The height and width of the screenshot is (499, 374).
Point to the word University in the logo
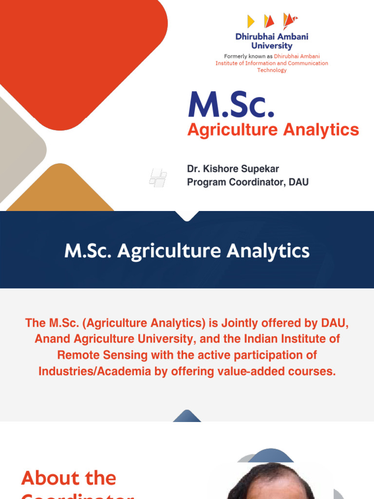click(x=272, y=46)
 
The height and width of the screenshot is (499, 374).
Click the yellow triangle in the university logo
click(x=251, y=21)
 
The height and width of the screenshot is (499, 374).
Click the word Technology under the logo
click(x=272, y=70)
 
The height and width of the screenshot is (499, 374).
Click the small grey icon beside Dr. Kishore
click(x=158, y=177)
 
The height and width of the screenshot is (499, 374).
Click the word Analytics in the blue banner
click(x=265, y=251)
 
